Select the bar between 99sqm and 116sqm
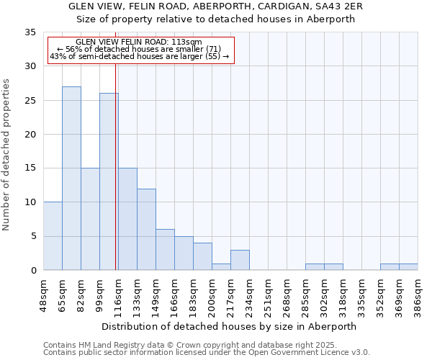tap(109, 181)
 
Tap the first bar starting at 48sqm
tap(53, 235)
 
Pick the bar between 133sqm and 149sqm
tap(146, 229)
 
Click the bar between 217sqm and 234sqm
tap(240, 260)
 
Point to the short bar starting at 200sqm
tap(221, 266)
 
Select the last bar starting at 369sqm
tap(408, 266)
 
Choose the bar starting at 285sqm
tap(315, 266)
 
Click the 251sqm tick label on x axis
tap(268, 296)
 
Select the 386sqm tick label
tap(418, 296)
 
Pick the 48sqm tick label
tap(43, 296)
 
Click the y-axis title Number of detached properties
tap(7, 155)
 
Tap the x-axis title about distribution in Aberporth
tap(229, 326)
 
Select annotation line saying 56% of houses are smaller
tap(138, 49)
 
